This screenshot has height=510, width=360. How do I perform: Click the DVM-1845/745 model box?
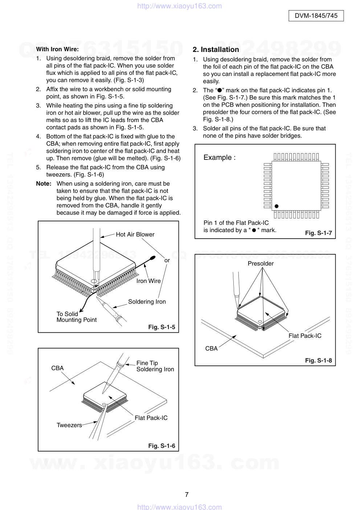(316, 16)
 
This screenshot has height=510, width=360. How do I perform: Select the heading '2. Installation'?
(216, 50)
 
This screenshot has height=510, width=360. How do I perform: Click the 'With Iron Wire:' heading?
(57, 49)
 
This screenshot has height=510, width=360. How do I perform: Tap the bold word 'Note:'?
(44, 184)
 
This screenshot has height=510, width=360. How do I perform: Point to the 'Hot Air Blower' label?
(135, 235)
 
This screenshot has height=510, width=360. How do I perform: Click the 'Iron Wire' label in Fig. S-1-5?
(148, 281)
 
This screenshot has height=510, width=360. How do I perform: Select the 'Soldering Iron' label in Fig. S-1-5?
(147, 301)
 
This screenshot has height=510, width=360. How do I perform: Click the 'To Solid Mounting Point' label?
(76, 317)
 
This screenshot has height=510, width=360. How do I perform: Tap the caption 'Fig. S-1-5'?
(161, 327)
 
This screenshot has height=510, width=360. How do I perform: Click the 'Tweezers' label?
(69, 425)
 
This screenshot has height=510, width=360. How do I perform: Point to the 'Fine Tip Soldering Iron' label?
(155, 366)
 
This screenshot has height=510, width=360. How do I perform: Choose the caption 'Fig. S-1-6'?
(161, 446)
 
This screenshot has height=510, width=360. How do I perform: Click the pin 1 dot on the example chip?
(277, 206)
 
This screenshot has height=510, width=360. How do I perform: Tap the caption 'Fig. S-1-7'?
(318, 233)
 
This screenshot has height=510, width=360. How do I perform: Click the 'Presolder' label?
(261, 263)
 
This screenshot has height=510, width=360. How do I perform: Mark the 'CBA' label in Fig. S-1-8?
(211, 348)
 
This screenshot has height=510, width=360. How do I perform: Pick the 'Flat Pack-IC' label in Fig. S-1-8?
(305, 336)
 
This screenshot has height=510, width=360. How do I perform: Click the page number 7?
(187, 494)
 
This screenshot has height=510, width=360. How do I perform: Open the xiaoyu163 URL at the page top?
(180, 6)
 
